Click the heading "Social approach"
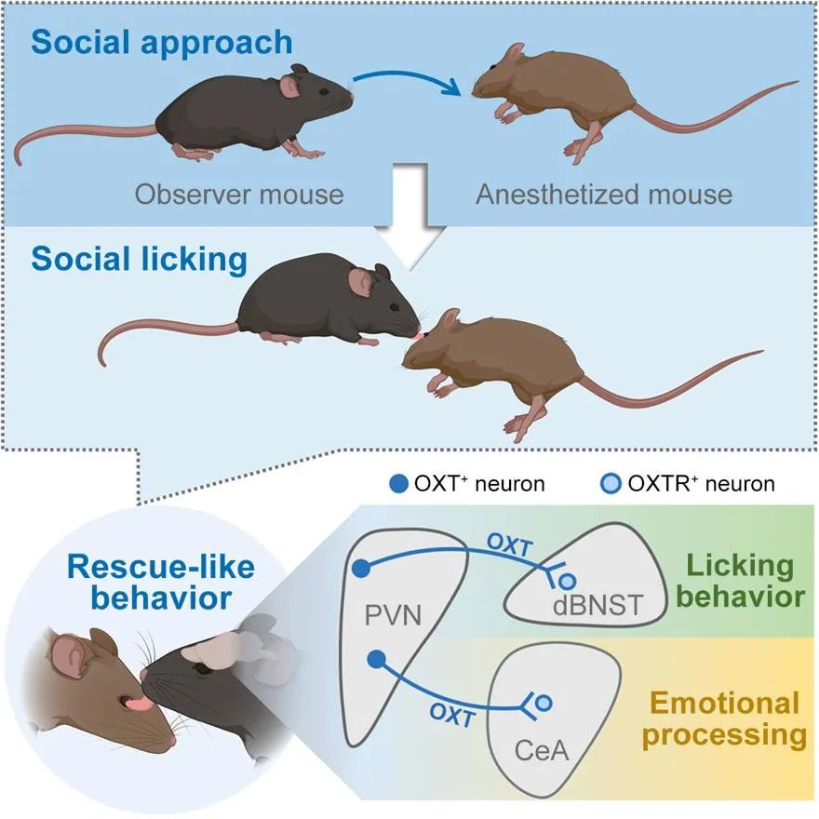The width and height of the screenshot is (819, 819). click(162, 43)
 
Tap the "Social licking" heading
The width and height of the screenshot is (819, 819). click(139, 260)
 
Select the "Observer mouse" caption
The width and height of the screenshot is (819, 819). click(239, 195)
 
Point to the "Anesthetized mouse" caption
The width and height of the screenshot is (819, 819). click(604, 195)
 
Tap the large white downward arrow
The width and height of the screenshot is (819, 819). click(410, 216)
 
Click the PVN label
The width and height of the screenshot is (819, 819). click(393, 615)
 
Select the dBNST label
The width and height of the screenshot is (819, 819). click(597, 605)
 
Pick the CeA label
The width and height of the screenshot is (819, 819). click(541, 751)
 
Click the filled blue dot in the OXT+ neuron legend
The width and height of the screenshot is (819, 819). click(399, 484)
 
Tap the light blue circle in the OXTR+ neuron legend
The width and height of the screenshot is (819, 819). click(611, 484)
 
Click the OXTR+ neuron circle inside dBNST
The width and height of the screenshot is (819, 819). click(567, 581)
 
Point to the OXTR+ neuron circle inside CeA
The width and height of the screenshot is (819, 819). click(544, 703)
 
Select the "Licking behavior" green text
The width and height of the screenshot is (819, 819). click(741, 581)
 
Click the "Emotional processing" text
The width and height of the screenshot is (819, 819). click(724, 719)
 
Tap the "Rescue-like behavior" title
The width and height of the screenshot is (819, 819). click(161, 583)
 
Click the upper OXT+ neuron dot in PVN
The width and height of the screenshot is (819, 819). click(361, 568)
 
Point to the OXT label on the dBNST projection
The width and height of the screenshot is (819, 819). click(509, 545)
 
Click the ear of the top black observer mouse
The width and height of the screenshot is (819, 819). click(289, 87)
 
